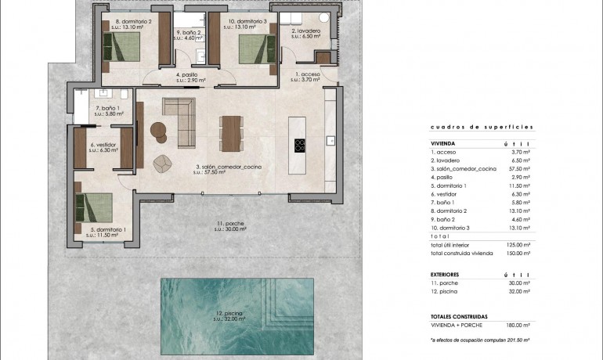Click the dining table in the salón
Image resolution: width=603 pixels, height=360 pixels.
(x=229, y=131)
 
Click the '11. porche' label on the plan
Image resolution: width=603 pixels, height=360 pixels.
(x=230, y=225)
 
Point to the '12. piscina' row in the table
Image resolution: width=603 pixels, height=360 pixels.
(x=447, y=291)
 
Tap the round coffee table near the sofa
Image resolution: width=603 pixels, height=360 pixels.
(x=161, y=130)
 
